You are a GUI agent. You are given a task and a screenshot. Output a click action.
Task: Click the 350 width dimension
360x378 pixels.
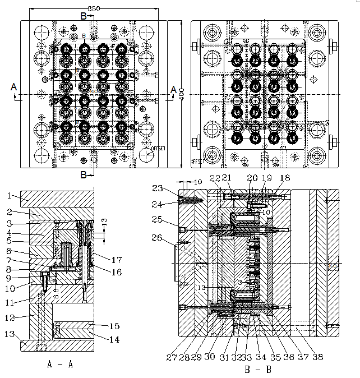(x=94, y=8)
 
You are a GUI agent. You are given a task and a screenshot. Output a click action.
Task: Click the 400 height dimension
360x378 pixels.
(x=182, y=97)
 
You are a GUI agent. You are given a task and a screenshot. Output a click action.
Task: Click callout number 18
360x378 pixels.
(x=285, y=178)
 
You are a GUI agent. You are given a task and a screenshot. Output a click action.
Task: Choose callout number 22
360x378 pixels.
(x=215, y=178)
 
